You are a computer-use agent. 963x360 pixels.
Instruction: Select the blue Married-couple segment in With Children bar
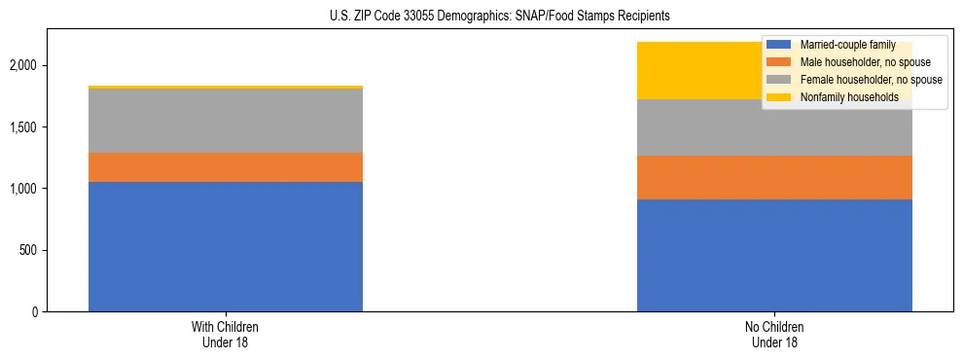[226, 246]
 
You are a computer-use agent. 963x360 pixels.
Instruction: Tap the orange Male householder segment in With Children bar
[226, 167]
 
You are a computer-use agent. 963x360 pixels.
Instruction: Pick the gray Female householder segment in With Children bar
[226, 121]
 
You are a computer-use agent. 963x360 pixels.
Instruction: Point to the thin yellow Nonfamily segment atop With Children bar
[226, 88]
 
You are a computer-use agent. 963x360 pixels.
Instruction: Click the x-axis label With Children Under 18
[226, 334]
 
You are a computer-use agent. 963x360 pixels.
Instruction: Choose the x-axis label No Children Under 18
[774, 334]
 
